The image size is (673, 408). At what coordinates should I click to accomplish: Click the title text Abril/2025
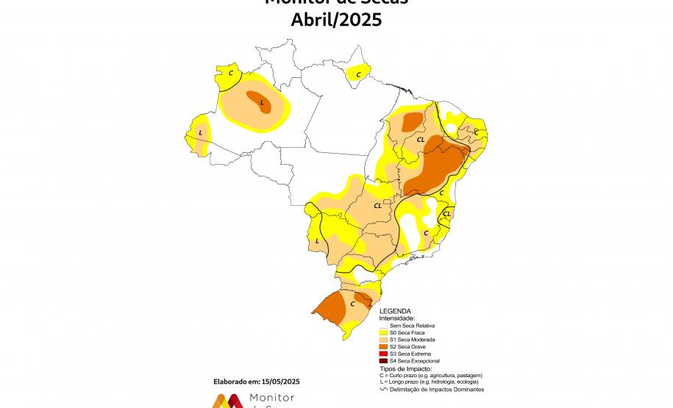pos(336,20)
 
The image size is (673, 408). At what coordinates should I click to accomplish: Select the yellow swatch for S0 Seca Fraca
pos(382,332)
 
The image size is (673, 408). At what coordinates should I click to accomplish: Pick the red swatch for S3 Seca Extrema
pos(382,354)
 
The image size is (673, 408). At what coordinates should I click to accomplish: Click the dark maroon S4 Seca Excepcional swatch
pos(382,361)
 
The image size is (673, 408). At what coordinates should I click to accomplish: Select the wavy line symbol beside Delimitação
pos(382,390)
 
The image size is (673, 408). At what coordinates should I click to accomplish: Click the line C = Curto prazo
pos(430,376)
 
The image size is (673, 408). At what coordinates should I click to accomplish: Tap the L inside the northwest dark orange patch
pos(262,103)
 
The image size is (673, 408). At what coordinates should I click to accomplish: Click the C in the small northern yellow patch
pos(358,74)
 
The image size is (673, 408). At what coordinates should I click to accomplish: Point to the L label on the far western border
pos(201,133)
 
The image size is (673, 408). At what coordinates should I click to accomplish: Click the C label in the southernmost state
pos(352,303)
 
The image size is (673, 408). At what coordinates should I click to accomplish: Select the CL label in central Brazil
pos(378,206)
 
